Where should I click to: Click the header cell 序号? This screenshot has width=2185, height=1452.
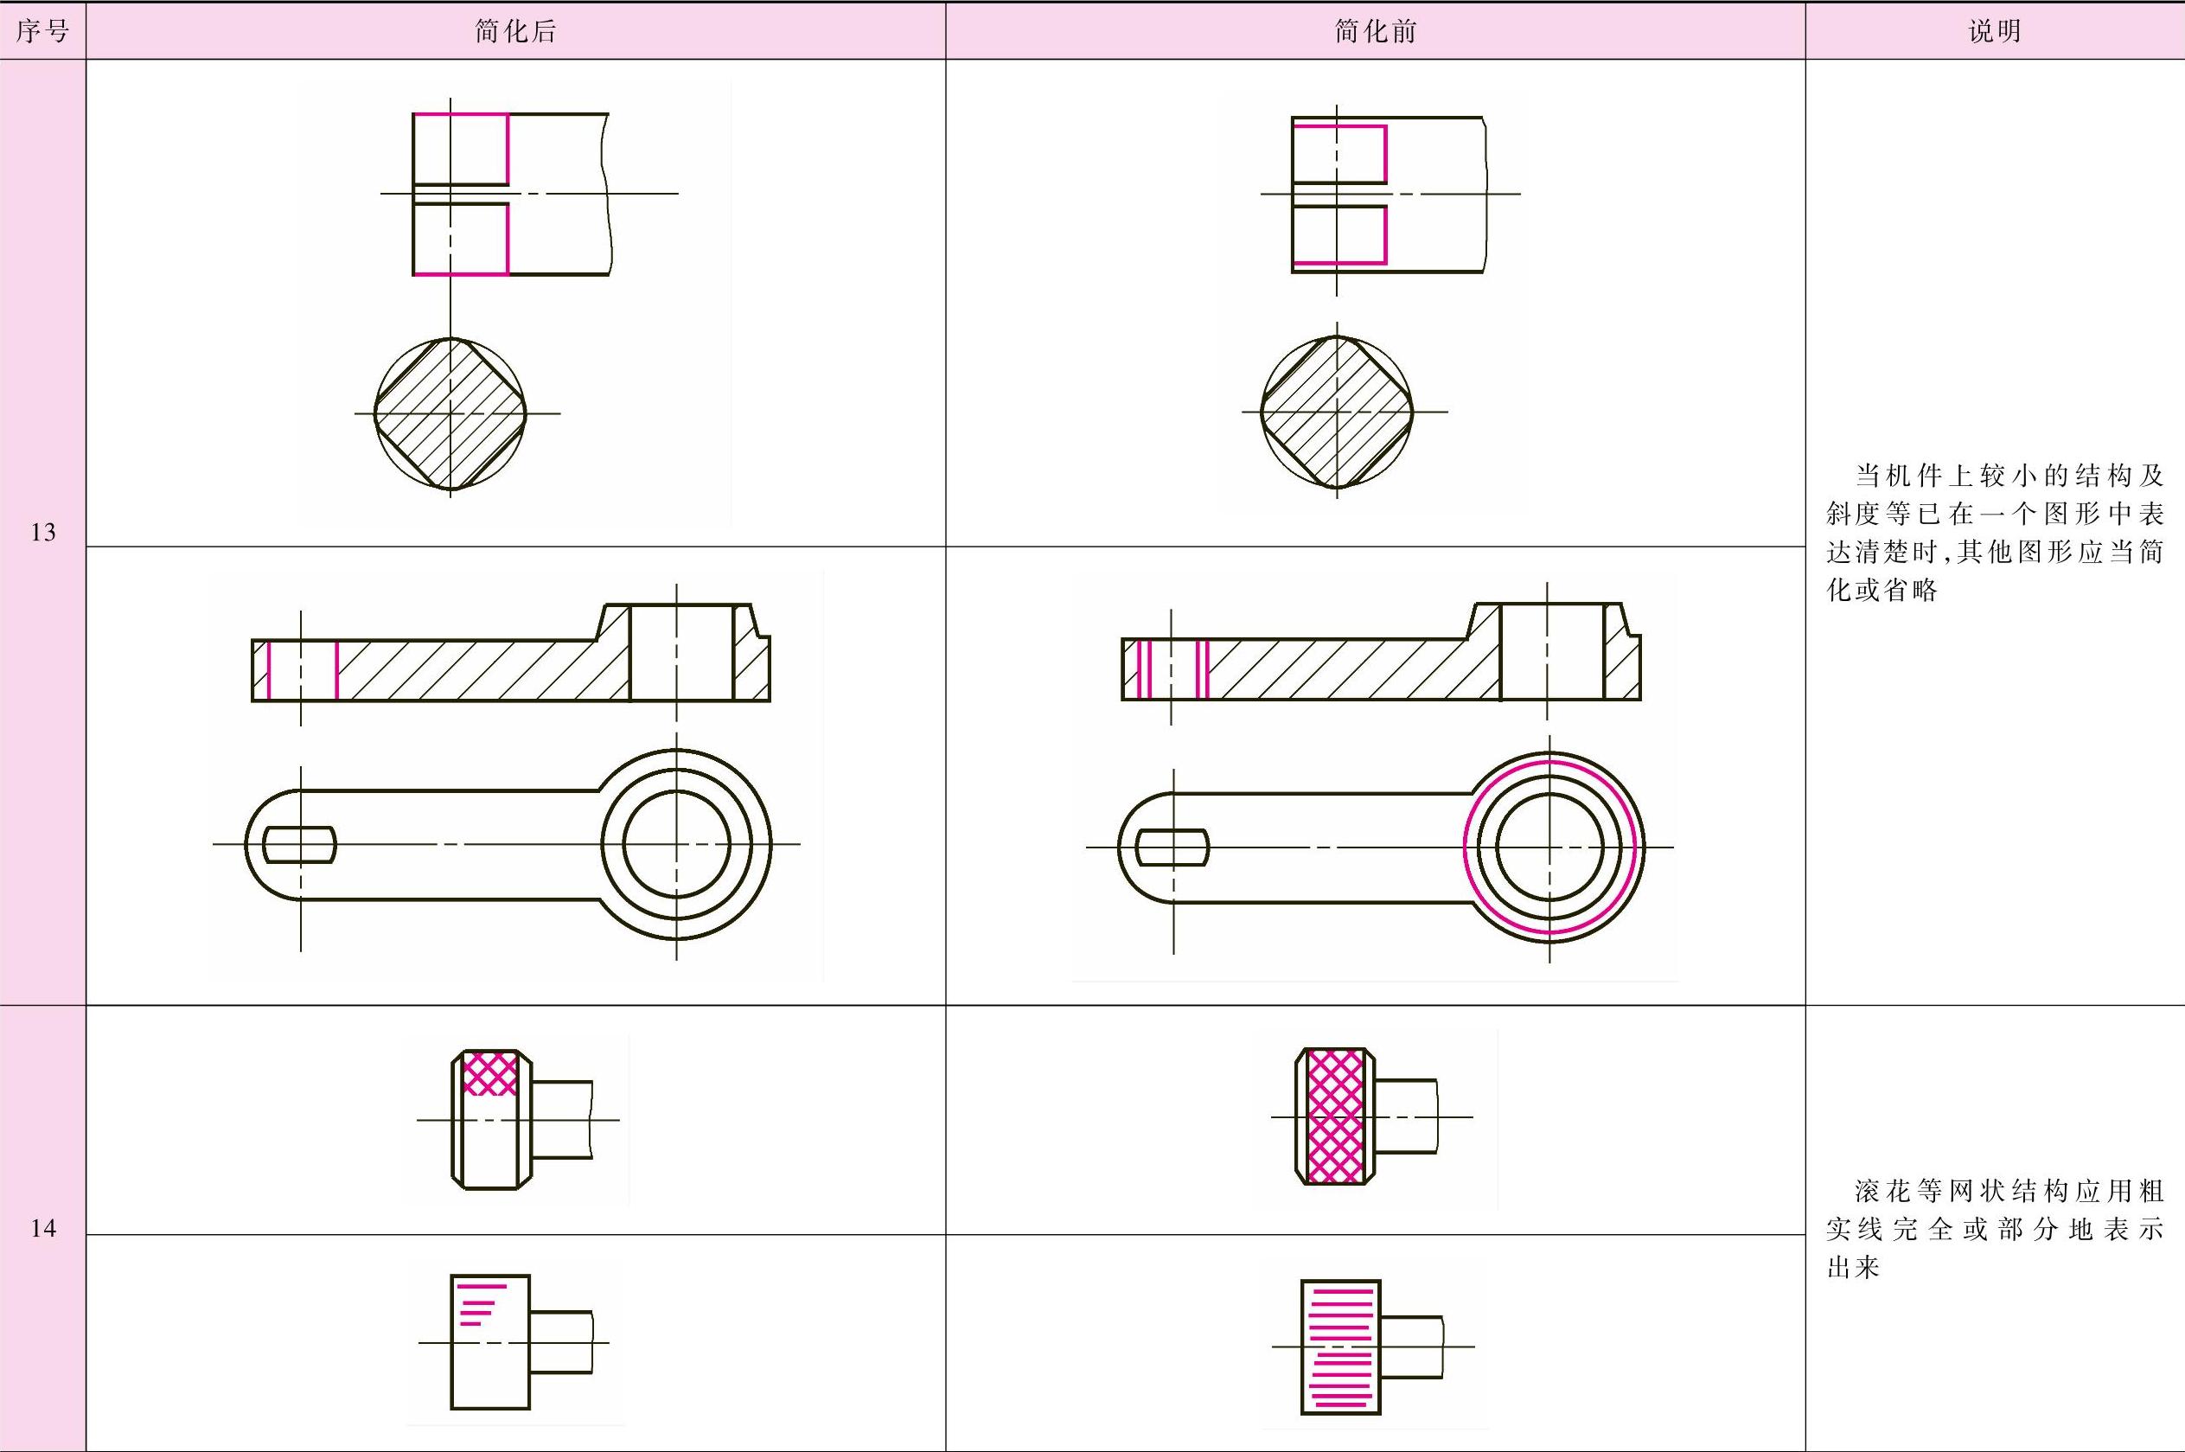(x=42, y=31)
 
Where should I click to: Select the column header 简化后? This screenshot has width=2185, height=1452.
(x=515, y=31)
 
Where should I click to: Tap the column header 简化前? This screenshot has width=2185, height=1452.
(x=1376, y=31)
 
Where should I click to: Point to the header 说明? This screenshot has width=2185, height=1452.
(x=1994, y=31)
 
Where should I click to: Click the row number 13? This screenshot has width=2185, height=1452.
(x=42, y=533)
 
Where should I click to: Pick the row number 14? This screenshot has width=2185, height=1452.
(x=42, y=1229)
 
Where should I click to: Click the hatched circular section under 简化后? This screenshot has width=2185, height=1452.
(x=450, y=413)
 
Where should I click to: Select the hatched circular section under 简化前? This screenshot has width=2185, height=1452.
(x=1337, y=411)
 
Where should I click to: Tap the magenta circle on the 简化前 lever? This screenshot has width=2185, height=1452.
(x=1464, y=848)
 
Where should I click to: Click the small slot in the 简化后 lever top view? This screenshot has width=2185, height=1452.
(x=300, y=845)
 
